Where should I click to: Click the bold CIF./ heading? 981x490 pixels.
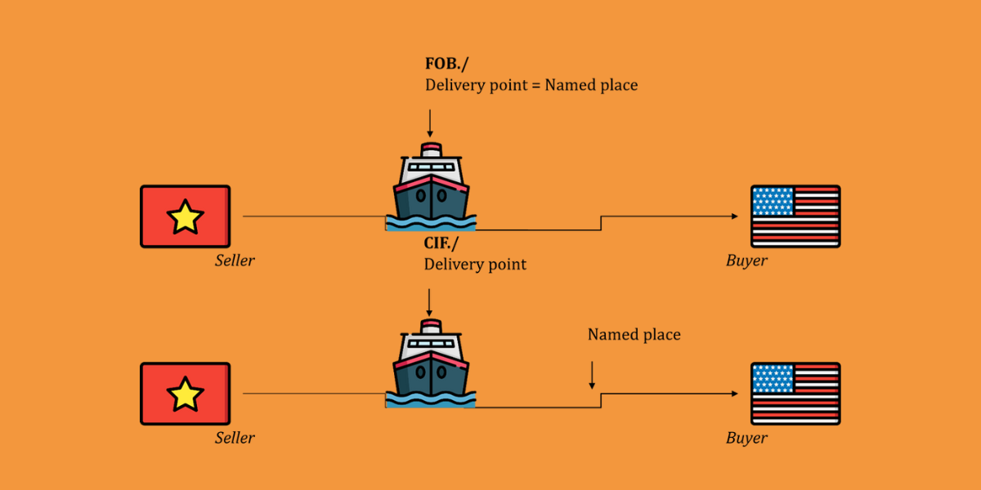[443, 243]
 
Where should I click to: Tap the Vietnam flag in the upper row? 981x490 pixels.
[185, 216]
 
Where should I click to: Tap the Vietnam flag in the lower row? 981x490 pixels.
[185, 394]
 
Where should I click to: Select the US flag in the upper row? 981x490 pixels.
[795, 216]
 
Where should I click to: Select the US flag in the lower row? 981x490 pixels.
[795, 394]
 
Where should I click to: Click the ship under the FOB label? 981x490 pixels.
[431, 186]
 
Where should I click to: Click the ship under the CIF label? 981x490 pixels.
[431, 363]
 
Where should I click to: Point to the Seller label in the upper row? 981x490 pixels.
[235, 261]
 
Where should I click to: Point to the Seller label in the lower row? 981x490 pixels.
[235, 438]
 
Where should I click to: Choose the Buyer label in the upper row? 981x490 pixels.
[746, 261]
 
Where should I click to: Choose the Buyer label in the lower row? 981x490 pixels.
[746, 438]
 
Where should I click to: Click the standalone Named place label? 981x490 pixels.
[634, 335]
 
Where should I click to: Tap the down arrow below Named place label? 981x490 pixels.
[592, 375]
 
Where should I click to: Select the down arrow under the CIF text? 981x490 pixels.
[429, 302]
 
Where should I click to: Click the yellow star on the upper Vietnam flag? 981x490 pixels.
[185, 217]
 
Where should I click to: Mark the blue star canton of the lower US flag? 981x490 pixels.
[773, 377]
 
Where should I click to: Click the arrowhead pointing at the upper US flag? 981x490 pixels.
[733, 216]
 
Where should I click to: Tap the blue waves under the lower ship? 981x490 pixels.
[431, 399]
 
